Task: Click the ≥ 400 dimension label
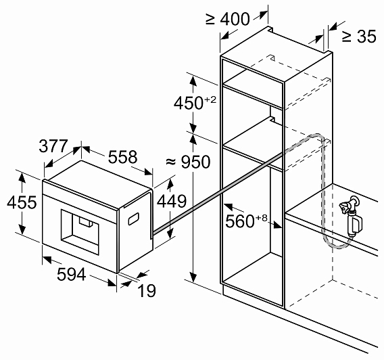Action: point(228,19)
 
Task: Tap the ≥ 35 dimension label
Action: point(359,37)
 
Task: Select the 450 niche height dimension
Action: point(195,102)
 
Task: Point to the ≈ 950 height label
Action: point(188,162)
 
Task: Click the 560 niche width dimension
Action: point(246,221)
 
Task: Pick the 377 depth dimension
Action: point(53,145)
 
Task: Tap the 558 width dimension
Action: point(122,157)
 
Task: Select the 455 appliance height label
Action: point(22,202)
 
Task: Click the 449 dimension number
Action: point(172,202)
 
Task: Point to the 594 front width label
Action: point(72,274)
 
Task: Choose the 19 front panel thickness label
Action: point(147,291)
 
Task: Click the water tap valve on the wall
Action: point(351,216)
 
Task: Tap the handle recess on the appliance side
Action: point(133,219)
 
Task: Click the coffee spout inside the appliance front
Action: point(85,221)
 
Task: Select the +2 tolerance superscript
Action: point(210,99)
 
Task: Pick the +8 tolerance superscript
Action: point(262,218)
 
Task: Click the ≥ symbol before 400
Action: point(210,19)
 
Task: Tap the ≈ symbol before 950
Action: point(171,162)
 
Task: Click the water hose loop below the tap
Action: point(338,246)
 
